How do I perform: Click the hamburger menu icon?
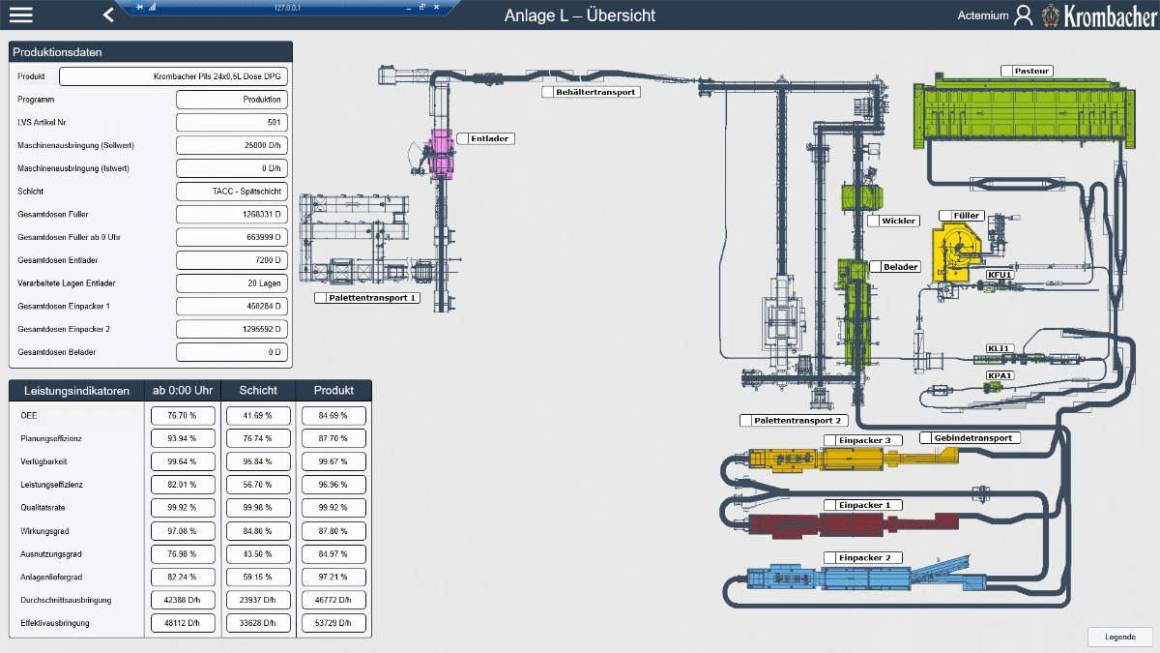[x=20, y=15]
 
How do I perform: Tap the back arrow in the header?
[x=108, y=15]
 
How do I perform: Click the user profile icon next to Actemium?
[x=1024, y=15]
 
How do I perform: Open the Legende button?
[x=1120, y=637]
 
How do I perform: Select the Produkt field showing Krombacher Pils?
[x=173, y=76]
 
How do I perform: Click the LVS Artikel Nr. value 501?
[x=232, y=122]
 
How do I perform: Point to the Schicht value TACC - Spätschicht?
[x=232, y=192]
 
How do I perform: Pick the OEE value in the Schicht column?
[x=258, y=416]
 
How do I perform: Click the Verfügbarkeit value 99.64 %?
[x=183, y=461]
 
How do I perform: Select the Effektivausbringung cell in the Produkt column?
[x=333, y=623]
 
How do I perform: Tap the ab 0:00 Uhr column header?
[x=183, y=390]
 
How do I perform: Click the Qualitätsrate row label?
[x=43, y=507]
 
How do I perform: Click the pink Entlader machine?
[x=441, y=154]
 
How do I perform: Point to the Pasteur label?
[x=1031, y=71]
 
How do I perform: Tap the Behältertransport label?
[x=595, y=92]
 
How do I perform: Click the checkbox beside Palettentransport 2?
[x=745, y=420]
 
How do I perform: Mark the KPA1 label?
[x=1000, y=375]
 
